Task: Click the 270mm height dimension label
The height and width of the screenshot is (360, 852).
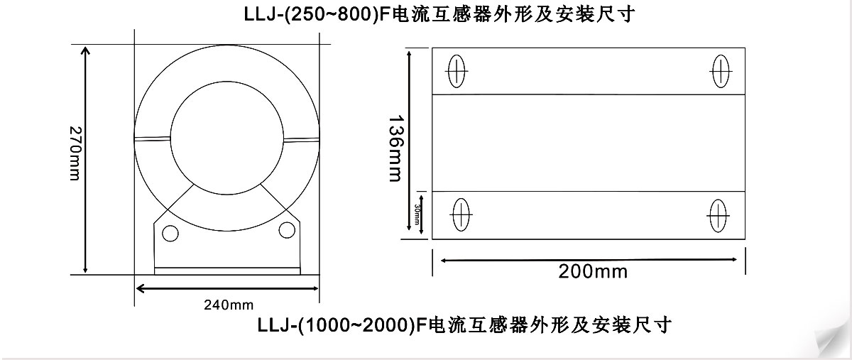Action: (75, 153)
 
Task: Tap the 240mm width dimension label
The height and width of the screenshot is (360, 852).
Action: (229, 305)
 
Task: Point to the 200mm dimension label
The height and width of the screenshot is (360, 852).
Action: (593, 272)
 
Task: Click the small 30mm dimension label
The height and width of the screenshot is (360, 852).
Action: (417, 214)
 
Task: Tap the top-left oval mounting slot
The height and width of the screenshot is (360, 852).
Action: (457, 71)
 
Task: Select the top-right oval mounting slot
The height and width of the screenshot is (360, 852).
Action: (721, 71)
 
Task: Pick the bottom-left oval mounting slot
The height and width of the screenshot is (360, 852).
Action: (461, 214)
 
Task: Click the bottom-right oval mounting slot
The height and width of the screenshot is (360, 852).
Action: (718, 216)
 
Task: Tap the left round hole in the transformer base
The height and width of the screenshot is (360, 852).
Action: (170, 234)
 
